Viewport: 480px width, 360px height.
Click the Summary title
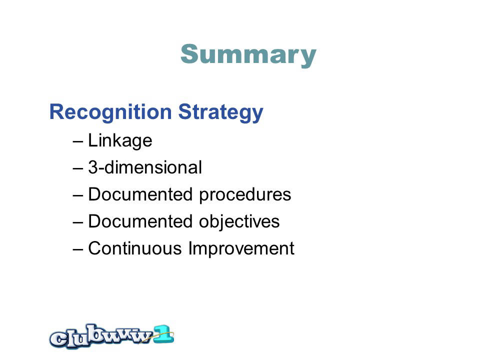click(248, 55)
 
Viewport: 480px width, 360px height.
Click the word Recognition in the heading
click(110, 112)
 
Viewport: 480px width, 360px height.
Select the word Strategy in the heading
click(220, 112)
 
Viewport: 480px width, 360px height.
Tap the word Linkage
click(120, 141)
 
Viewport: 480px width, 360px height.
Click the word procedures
click(245, 195)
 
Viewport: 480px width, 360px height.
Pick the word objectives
click(239, 221)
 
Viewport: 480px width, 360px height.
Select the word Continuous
click(135, 248)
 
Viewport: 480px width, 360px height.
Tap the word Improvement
click(241, 248)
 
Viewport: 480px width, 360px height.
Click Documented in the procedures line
click(140, 194)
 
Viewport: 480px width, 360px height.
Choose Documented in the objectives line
click(140, 221)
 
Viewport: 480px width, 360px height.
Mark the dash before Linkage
click(78, 141)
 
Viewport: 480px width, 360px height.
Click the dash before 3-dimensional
click(78, 168)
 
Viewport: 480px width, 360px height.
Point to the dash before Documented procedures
click(78, 195)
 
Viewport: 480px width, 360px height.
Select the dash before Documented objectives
click(78, 222)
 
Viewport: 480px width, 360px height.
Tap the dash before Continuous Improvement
click(78, 249)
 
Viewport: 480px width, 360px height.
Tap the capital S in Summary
click(189, 54)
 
